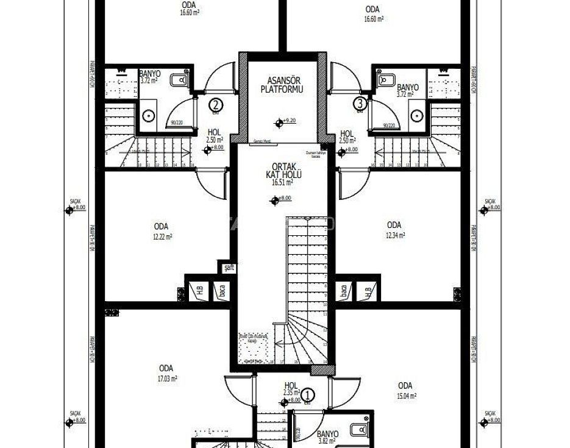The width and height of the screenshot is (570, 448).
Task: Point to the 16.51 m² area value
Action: (x=283, y=182)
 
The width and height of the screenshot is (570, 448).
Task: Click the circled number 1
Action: (x=308, y=394)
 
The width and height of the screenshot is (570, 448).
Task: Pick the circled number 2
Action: (x=216, y=104)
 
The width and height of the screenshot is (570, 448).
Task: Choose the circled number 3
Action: (x=361, y=104)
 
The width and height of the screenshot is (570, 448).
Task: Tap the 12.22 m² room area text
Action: (x=162, y=236)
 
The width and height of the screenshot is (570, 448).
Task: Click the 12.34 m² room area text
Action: (x=394, y=235)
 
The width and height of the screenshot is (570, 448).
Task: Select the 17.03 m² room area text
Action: (x=166, y=379)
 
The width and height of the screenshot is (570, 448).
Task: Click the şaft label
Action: (x=229, y=267)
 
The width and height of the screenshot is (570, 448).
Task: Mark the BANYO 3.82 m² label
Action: (x=328, y=438)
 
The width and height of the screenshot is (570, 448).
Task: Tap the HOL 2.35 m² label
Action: (x=291, y=389)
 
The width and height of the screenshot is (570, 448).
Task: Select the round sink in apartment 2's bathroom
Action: (x=149, y=115)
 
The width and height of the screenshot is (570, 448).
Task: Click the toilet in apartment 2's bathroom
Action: (x=179, y=79)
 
